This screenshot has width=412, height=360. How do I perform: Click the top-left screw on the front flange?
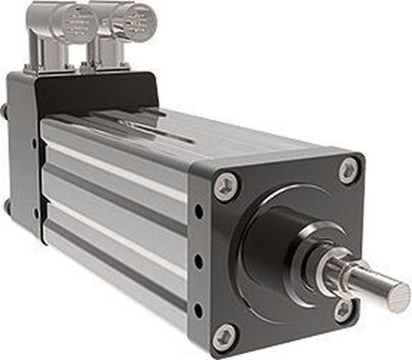click(224, 186)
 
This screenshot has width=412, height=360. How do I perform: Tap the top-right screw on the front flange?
click(349, 169)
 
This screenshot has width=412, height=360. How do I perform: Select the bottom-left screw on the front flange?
click(224, 336)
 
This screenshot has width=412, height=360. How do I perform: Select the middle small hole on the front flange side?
click(199, 261)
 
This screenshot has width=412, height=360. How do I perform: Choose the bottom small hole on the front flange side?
click(200, 310)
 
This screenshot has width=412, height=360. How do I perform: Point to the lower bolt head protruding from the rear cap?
click(6, 206)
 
